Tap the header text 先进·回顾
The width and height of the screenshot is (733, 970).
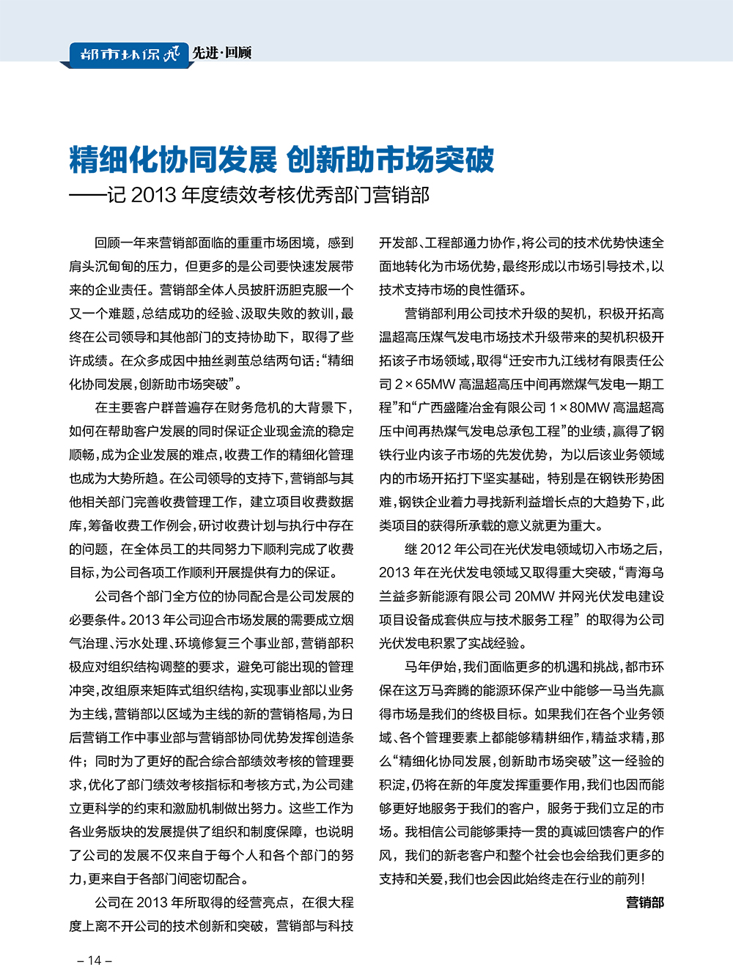pos(221,53)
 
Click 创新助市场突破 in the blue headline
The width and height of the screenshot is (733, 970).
pos(390,159)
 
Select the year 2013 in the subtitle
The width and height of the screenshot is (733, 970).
pos(154,195)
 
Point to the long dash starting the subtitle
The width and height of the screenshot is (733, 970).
pos(88,196)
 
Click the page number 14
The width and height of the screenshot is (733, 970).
pos(95,960)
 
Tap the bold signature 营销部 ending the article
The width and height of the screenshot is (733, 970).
pos(644,903)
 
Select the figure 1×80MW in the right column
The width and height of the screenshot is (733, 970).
pos(580,408)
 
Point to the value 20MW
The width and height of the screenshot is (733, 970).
pos(535,596)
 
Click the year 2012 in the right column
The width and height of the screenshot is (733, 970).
pos(437,549)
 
